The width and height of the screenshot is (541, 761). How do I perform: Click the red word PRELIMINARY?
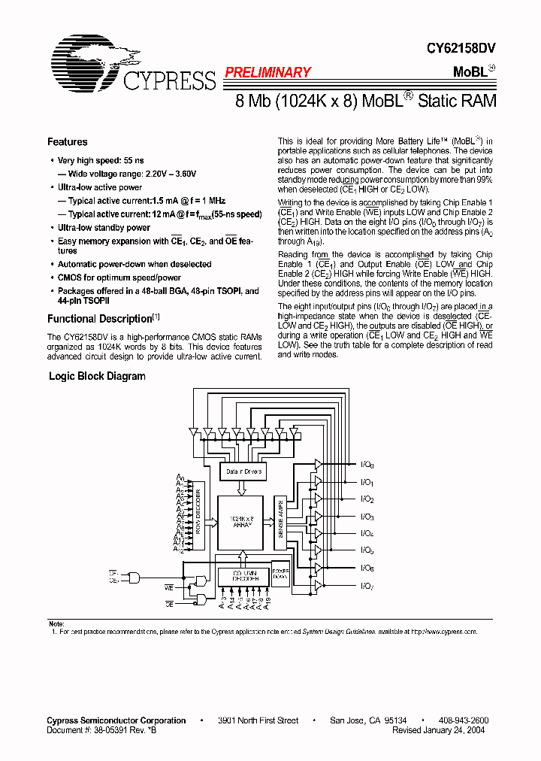267,73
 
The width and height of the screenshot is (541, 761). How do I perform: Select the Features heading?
67,142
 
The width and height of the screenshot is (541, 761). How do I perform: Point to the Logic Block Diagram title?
97,376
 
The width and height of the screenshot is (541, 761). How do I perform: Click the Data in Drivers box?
242,471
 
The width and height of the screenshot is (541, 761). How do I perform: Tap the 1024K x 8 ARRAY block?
240,522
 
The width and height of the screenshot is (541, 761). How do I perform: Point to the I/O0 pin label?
367,465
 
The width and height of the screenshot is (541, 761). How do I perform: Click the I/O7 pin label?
367,586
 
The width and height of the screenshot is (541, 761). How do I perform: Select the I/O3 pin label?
367,517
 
